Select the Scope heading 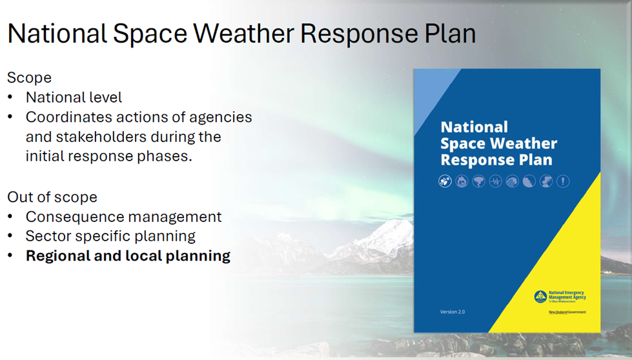[29, 77]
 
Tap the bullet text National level [74, 97]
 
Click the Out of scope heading [52, 197]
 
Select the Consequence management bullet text [123, 217]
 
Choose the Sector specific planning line [110, 236]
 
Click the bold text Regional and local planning [128, 255]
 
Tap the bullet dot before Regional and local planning [10, 256]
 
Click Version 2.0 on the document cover [452, 312]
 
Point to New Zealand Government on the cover [567, 312]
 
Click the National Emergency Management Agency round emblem [540, 296]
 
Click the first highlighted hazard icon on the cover [445, 181]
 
